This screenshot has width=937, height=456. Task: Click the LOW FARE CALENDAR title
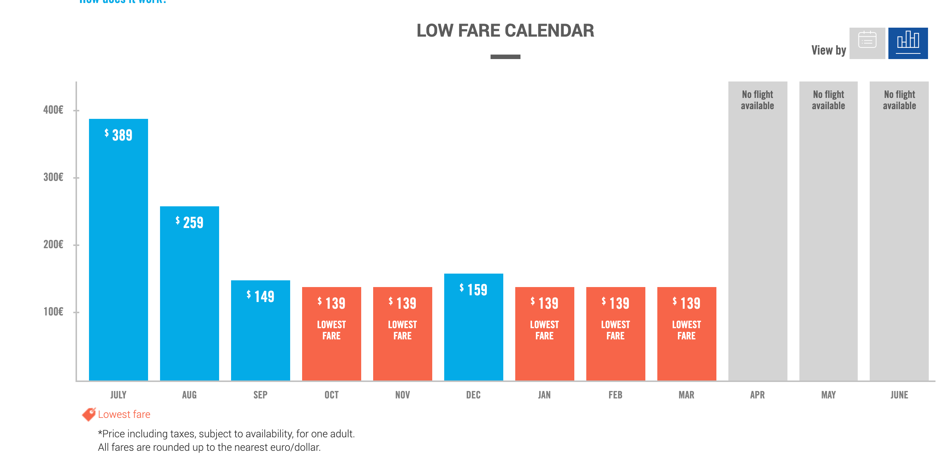(505, 31)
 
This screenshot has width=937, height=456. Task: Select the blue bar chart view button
(907, 43)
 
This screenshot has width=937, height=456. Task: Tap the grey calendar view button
(867, 43)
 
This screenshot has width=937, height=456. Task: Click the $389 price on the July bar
(119, 135)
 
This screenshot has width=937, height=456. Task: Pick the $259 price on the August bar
(190, 222)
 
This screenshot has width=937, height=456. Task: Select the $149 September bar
(261, 329)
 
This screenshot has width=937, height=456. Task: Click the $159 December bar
(473, 329)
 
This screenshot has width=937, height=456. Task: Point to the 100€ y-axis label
(53, 312)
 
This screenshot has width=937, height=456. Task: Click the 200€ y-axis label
(53, 244)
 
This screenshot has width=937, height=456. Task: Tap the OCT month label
(331, 395)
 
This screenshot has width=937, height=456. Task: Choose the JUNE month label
(899, 395)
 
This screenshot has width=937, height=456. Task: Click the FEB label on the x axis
(615, 395)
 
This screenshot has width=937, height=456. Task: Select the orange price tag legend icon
(89, 414)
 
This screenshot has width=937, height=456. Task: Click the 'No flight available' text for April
(758, 100)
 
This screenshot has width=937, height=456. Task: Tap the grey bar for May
(828, 243)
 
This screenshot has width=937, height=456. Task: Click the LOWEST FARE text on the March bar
(686, 330)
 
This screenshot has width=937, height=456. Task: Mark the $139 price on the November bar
(403, 303)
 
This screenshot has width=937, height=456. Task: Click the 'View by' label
(828, 50)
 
